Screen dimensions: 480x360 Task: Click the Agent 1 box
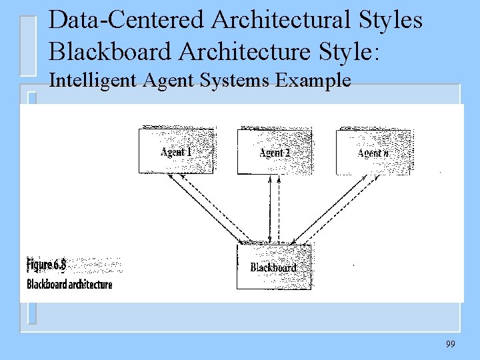click(x=176, y=151)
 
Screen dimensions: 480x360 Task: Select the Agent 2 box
click(x=275, y=151)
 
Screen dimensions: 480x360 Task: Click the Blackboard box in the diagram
click(x=273, y=267)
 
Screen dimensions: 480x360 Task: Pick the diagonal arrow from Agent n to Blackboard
click(x=331, y=208)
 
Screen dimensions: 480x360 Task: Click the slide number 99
click(x=450, y=344)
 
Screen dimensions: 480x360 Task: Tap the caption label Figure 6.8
click(x=47, y=265)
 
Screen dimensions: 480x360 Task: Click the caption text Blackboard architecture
click(x=69, y=285)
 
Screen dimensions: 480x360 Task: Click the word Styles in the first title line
click(x=391, y=20)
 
